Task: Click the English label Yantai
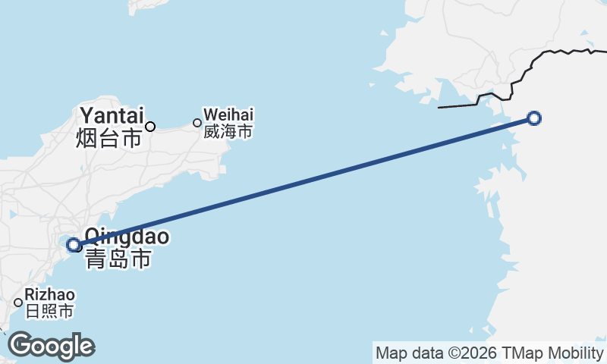point(111,115)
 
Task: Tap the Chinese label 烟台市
point(109,138)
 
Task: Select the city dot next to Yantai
point(150,126)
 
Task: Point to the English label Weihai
point(228,115)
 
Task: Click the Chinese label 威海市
point(228,132)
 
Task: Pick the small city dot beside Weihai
point(197,123)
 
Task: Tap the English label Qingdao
point(127,237)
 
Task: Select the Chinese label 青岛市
point(118,259)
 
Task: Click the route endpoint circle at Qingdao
point(74,245)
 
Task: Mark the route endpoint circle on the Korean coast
point(534,118)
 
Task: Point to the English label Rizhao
point(50,294)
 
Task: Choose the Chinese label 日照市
point(49,311)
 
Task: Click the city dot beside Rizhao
point(18,303)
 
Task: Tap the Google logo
point(51,346)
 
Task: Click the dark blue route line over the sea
point(303,181)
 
